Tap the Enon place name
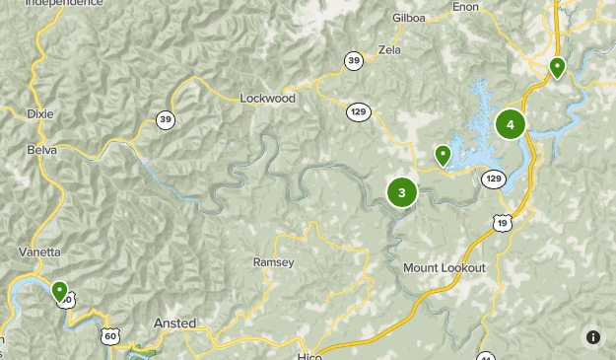[465, 7]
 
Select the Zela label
[389, 49]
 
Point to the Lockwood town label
[268, 99]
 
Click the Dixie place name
[40, 113]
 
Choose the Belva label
[40, 150]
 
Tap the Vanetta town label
[39, 252]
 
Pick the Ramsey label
[273, 262]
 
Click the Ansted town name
[175, 324]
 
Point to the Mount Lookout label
[445, 268]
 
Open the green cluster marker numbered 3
[401, 192]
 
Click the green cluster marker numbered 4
[511, 124]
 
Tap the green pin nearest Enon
[557, 68]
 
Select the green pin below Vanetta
[60, 291]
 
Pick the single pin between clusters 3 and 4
[443, 155]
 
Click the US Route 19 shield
[504, 223]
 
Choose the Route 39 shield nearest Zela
[354, 61]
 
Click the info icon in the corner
[592, 336]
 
